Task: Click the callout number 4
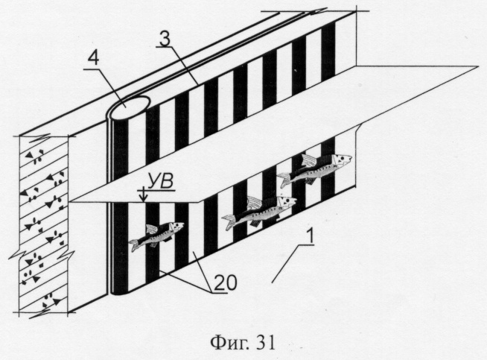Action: coord(93,57)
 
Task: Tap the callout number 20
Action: coord(226,282)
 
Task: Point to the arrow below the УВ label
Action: coord(143,195)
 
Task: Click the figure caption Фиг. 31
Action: coord(243,343)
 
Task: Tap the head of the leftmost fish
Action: coord(177,226)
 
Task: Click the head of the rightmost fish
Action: coord(343,160)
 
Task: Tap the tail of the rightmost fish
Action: coord(283,180)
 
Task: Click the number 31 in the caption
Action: coord(266,343)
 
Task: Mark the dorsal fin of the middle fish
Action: coord(255,202)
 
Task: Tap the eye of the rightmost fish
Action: coord(340,159)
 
